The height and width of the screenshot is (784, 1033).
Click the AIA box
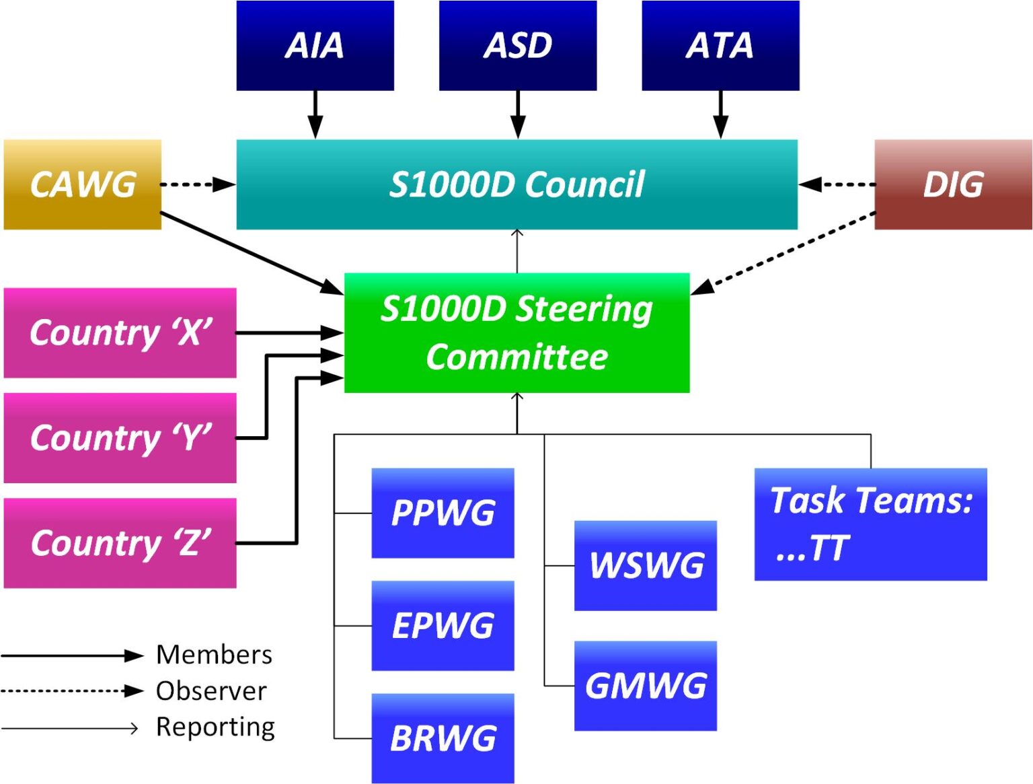[315, 45]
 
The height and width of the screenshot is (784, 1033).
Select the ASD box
[517, 45]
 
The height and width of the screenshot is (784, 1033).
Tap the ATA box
[720, 45]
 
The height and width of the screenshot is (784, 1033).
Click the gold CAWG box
[83, 184]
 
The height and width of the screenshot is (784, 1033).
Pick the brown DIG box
[953, 184]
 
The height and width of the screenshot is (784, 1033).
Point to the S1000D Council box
[516, 184]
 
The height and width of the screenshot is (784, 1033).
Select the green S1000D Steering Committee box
[516, 332]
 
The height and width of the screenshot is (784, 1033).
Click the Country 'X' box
[120, 332]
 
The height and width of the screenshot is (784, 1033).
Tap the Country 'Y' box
[120, 438]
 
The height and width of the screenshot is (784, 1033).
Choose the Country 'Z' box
[120, 543]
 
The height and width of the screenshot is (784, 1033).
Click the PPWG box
[443, 513]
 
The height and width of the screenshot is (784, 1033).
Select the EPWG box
[443, 625]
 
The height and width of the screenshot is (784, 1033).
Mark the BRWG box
[443, 738]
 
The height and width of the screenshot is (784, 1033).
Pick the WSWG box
[646, 565]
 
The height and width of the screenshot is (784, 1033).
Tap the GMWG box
[646, 686]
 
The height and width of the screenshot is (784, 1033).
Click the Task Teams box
[870, 524]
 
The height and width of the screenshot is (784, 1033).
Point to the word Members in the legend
[214, 655]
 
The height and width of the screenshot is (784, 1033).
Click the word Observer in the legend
[211, 691]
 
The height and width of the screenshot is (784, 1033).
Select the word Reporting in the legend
[215, 727]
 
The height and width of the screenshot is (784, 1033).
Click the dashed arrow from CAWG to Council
[196, 184]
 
